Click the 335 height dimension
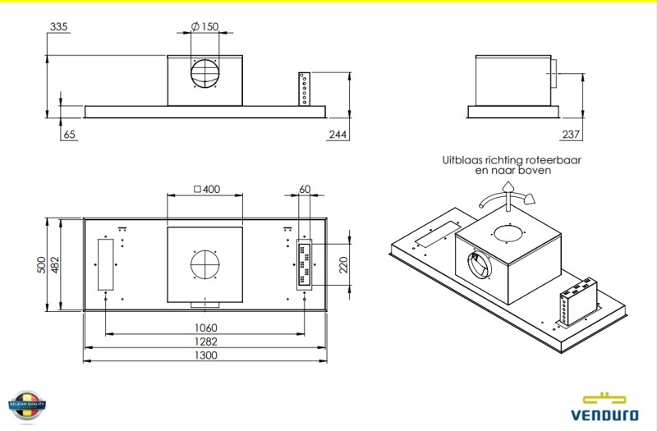pos(58,27)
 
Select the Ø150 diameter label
pos(204,27)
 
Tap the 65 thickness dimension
pos(69,134)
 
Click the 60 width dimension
pos(305,190)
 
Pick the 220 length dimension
pos(343,264)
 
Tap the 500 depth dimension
pos(43,264)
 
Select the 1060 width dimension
pos(206,328)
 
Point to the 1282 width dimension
pos(206,341)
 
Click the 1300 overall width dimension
pos(206,355)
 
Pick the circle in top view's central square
pos(204,264)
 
